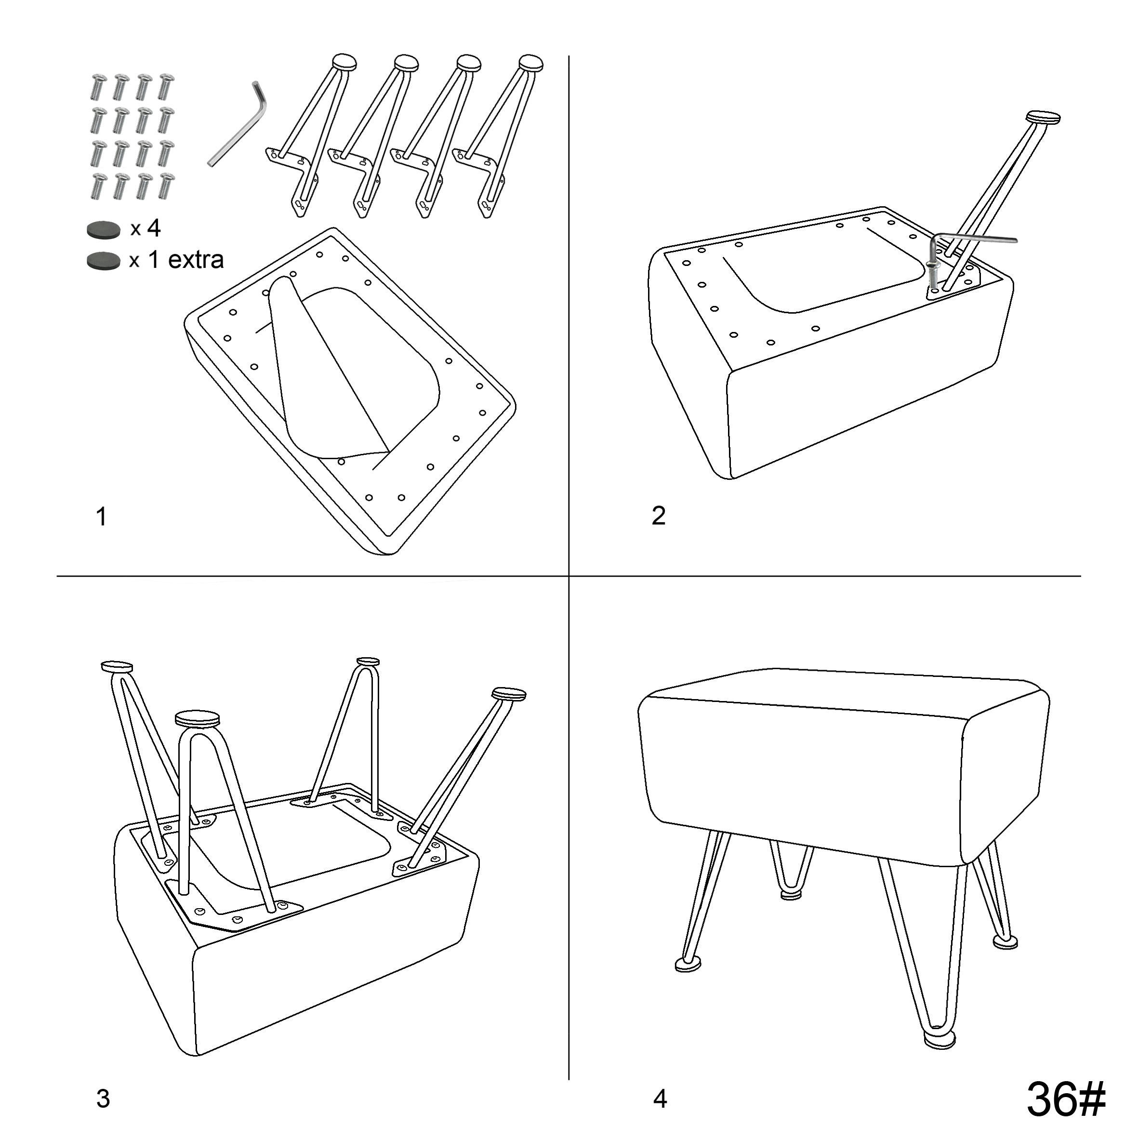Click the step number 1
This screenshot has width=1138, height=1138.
click(101, 516)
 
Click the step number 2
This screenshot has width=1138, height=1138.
click(659, 516)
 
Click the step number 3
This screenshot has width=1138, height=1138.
click(103, 1098)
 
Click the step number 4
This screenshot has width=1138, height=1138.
click(660, 1098)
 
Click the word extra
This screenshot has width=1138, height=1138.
click(196, 259)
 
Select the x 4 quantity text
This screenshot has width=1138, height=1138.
click(146, 228)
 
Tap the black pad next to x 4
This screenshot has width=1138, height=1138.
click(104, 230)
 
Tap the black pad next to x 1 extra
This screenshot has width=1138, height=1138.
click(104, 260)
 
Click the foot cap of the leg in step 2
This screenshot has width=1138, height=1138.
click(1043, 117)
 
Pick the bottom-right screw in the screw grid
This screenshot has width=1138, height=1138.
click(166, 185)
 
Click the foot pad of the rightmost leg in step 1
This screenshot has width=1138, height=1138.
click(531, 63)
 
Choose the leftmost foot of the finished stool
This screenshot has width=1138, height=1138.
click(688, 964)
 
